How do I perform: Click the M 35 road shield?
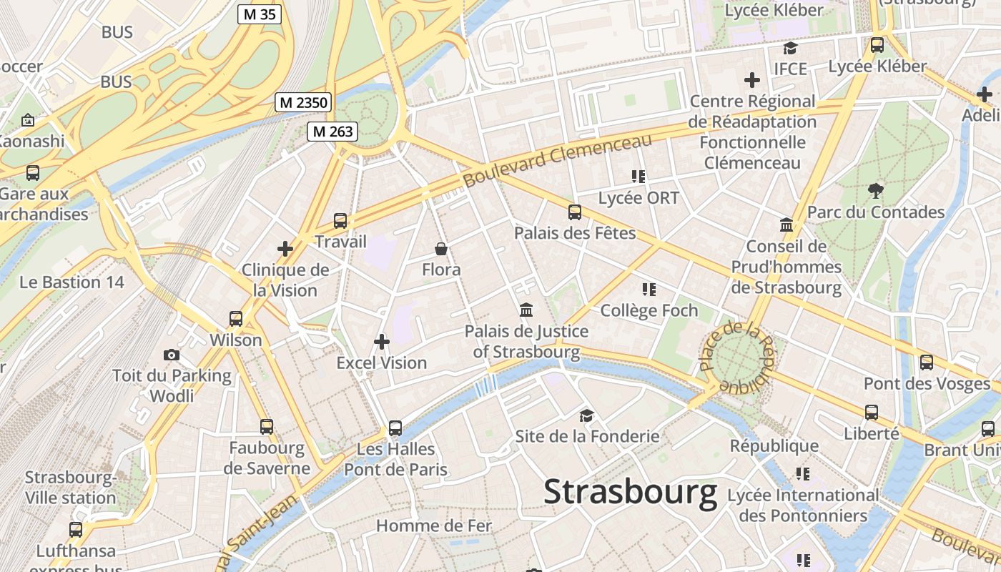tap(260, 14)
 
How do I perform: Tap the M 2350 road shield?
tap(303, 102)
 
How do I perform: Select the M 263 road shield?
tap(332, 131)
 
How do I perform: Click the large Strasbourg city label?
tap(630, 492)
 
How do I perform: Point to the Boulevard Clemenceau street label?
tap(558, 160)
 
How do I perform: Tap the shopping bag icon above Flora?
tap(441, 249)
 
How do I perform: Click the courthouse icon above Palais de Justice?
tap(526, 310)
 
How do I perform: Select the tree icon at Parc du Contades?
tap(875, 190)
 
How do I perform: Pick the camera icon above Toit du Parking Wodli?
tap(171, 355)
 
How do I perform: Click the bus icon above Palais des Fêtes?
tap(575, 212)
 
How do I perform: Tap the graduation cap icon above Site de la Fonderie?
tap(586, 415)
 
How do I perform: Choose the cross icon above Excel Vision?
tap(382, 342)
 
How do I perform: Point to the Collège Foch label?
tap(649, 310)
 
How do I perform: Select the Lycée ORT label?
tap(638, 198)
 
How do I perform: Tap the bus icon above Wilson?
tap(236, 318)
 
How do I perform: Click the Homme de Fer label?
tap(434, 526)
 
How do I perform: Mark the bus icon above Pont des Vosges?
tap(927, 362)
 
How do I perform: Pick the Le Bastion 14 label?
tap(71, 282)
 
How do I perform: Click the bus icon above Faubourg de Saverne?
tap(267, 427)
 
